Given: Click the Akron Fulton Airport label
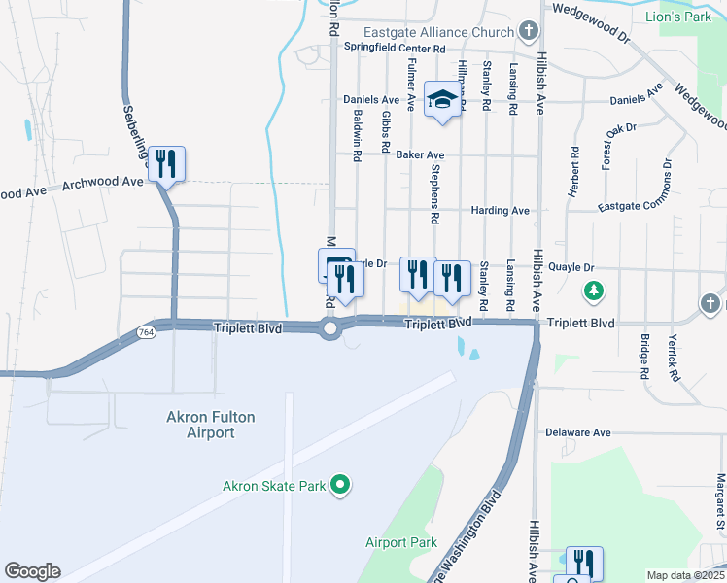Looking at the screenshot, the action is click(x=210, y=425).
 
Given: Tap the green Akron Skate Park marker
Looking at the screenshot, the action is click(x=340, y=483).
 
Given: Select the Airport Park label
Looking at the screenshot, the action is click(x=401, y=542).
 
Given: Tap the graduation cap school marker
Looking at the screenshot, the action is click(x=442, y=99).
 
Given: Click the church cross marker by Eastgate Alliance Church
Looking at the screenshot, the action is click(x=528, y=32).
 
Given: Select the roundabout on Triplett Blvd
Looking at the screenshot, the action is click(x=330, y=329).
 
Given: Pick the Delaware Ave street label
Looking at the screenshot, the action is click(x=577, y=432).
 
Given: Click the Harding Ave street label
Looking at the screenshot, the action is click(x=500, y=210).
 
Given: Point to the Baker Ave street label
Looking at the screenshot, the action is click(x=420, y=154).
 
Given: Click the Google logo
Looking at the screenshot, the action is click(x=32, y=571).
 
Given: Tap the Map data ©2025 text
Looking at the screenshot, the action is click(x=685, y=575).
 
